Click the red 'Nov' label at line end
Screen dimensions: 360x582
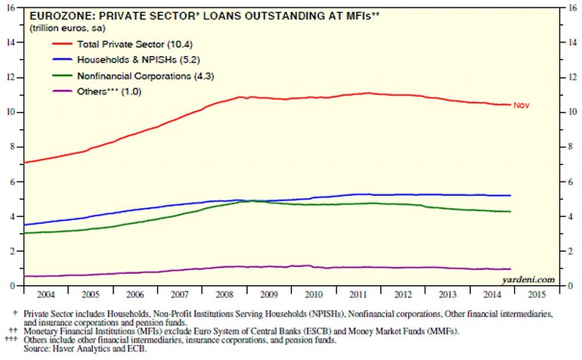tap(520, 105)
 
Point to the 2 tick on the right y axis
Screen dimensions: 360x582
tap(568, 251)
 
